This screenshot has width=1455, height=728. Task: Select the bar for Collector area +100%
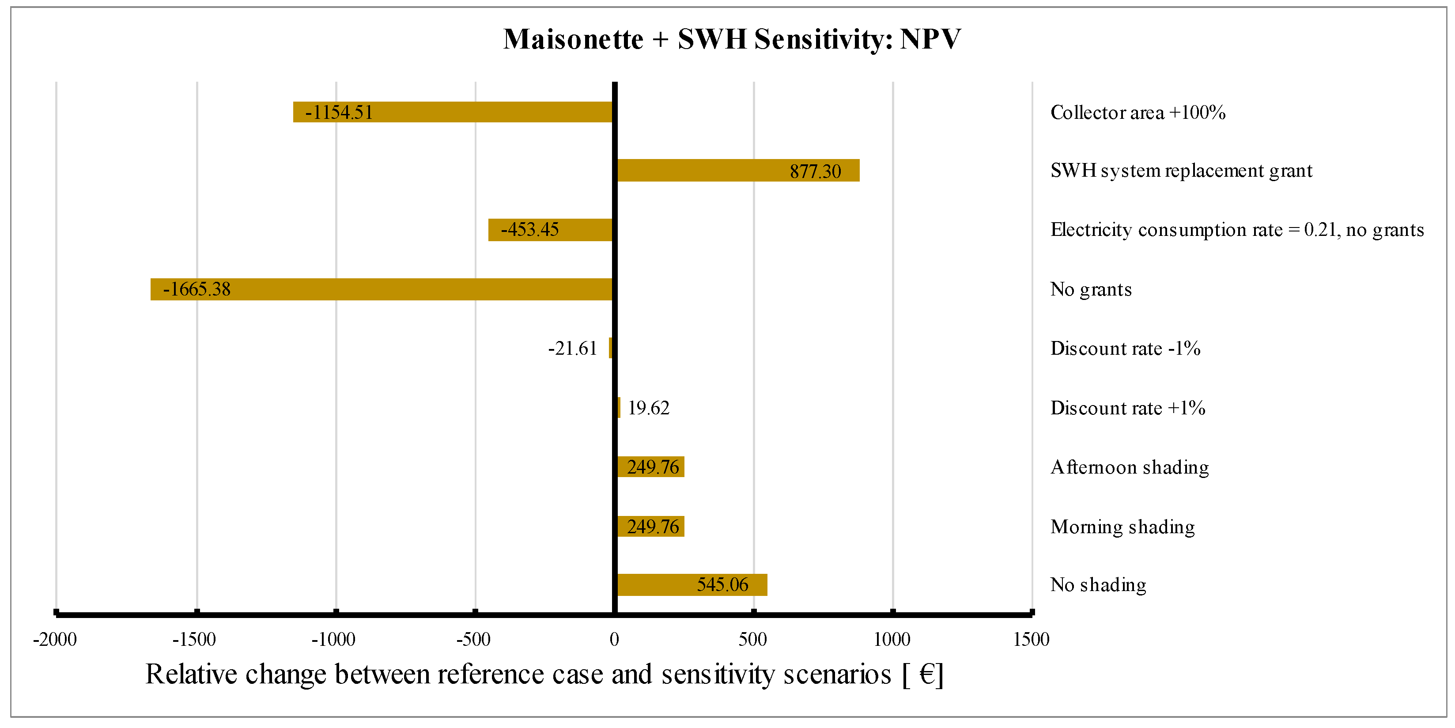(x=452, y=112)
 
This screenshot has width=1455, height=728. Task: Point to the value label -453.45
(x=529, y=229)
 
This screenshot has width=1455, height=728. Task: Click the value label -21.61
(x=572, y=348)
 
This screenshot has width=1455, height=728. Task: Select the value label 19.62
(x=648, y=408)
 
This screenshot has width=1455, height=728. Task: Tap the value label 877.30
(x=815, y=171)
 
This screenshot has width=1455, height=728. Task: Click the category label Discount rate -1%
(x=1125, y=348)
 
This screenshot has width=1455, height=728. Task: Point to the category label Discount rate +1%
(x=1127, y=408)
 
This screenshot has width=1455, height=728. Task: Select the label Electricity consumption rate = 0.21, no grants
(x=1237, y=229)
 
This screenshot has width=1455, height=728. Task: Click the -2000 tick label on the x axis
(x=55, y=639)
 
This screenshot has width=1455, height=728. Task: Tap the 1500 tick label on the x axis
(x=1031, y=639)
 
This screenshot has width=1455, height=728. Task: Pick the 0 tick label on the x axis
(x=614, y=639)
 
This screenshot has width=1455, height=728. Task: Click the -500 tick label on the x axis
(x=473, y=639)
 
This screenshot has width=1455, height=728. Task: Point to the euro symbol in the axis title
(x=927, y=674)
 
